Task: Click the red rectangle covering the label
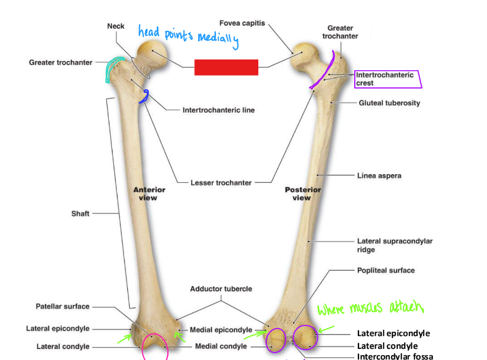pos(226,67)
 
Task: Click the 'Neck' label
pos(116,26)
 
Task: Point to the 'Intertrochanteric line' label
pos(218,111)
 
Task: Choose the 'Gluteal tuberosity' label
pos(389,103)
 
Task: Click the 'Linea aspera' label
pos(379,176)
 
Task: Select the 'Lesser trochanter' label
pos(221,183)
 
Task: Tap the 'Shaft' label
pos(80,214)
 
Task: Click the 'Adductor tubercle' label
pos(221,289)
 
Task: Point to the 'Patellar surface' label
pos(62,306)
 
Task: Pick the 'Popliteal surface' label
pos(386,270)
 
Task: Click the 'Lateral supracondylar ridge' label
pos(394,246)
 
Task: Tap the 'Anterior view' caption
pos(149,194)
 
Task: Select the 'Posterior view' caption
pos(301,194)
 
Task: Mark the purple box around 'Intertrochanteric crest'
pos(387,79)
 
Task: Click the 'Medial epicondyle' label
pos(221,330)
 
